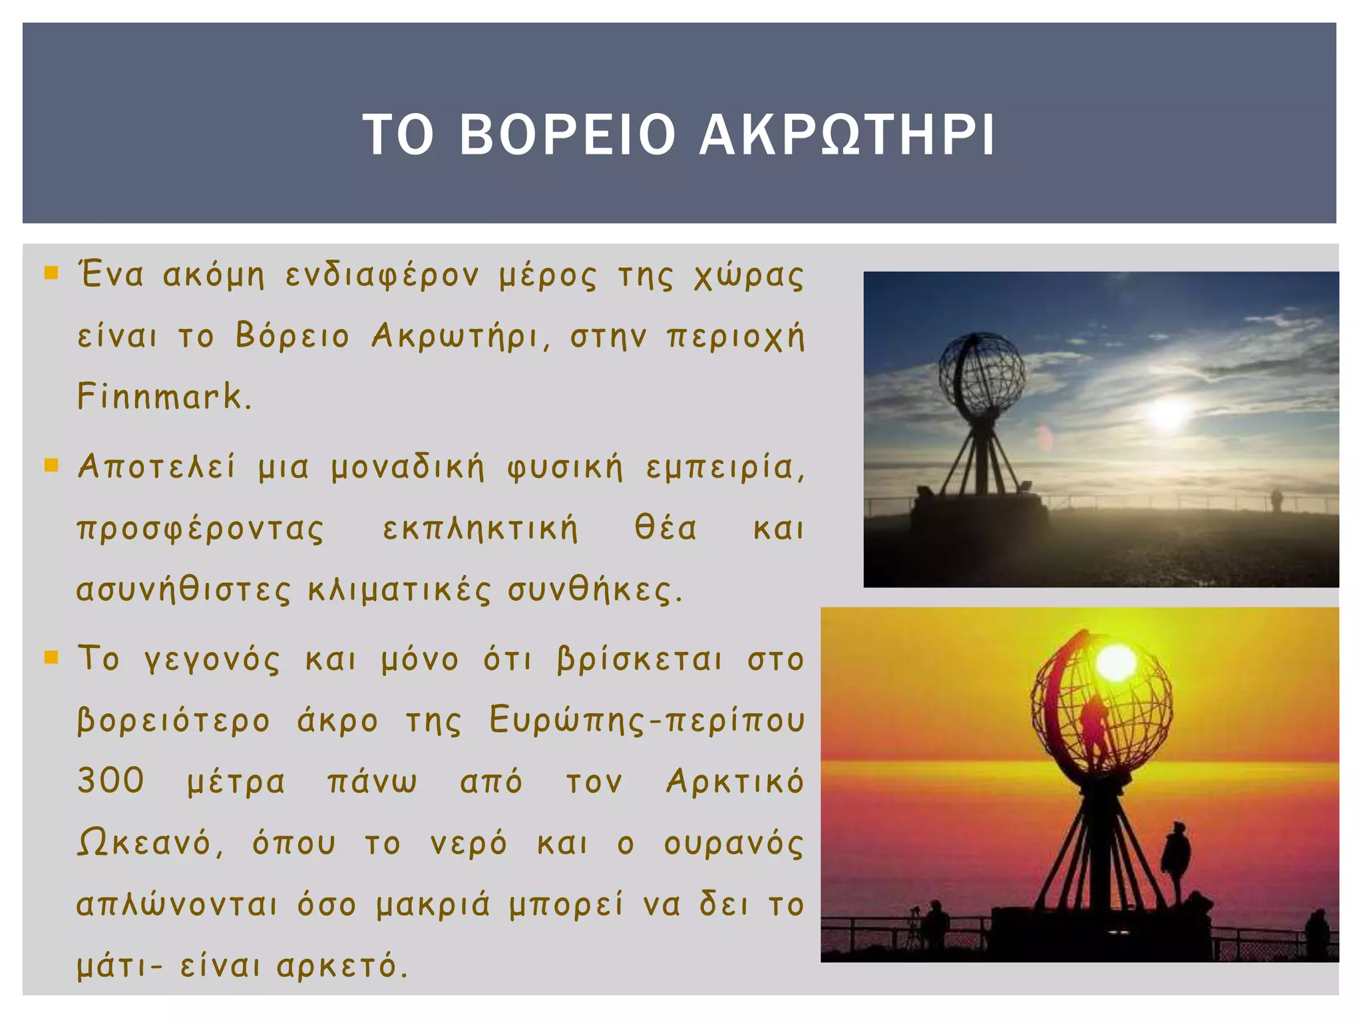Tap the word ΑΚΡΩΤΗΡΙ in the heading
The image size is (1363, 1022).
847,134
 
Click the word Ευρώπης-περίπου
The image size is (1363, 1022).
646,720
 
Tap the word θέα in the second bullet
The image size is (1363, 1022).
666,528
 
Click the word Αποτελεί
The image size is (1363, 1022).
156,467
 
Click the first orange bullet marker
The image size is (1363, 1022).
51,272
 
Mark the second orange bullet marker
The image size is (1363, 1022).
51,464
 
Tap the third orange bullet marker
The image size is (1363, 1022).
51,657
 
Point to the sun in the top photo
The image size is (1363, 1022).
1168,413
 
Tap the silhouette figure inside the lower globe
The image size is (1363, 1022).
1093,725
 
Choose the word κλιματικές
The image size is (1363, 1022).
399,590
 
